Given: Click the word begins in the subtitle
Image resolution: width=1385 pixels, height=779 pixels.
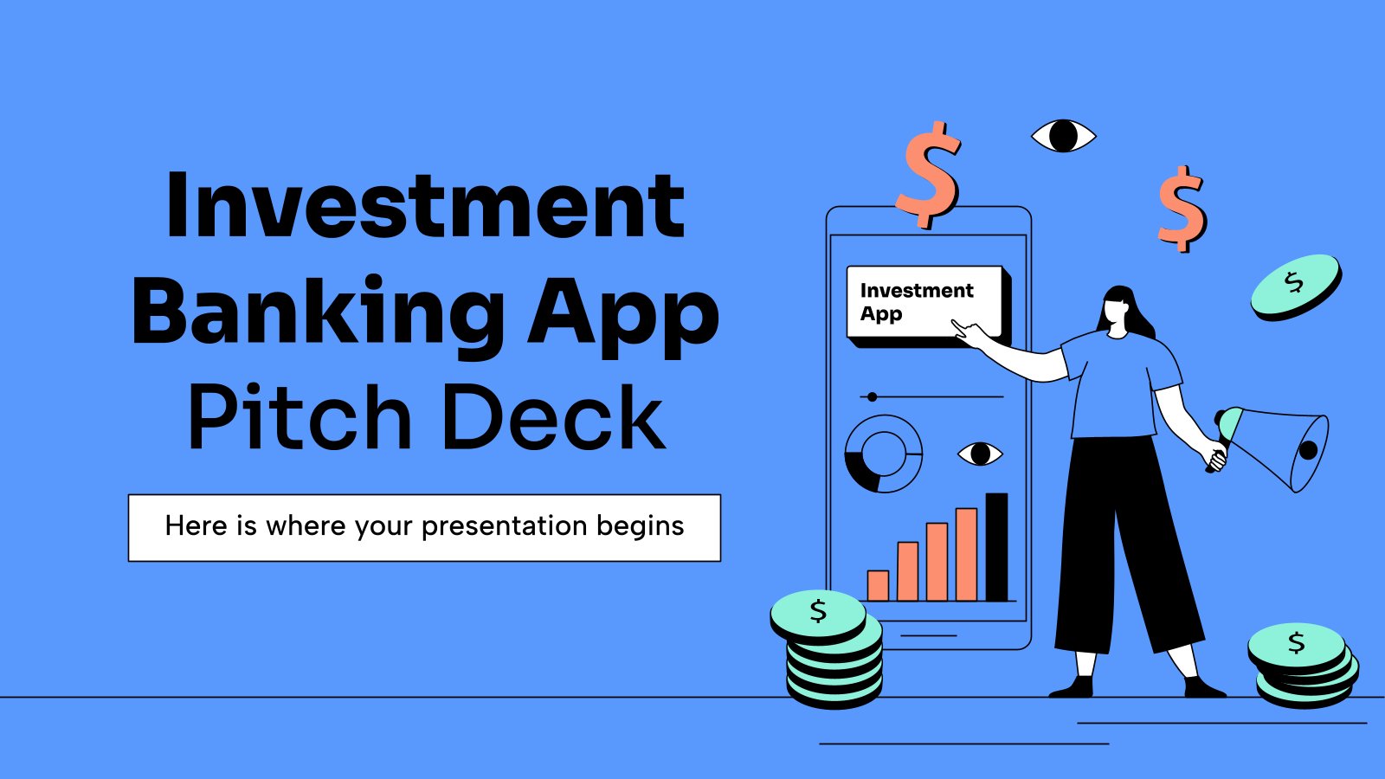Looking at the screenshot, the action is click(640, 527).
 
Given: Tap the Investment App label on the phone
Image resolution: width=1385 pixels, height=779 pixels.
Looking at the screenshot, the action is click(917, 302).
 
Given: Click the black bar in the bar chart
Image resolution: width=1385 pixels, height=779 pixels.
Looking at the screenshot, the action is click(996, 546).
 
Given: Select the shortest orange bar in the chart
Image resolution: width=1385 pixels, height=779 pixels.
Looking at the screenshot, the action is click(878, 585).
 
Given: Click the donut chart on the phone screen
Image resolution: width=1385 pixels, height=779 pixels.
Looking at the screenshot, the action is click(854, 470).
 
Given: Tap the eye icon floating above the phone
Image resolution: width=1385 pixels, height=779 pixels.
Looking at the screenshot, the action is click(1064, 136).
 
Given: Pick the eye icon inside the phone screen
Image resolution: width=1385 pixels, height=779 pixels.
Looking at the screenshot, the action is click(980, 454).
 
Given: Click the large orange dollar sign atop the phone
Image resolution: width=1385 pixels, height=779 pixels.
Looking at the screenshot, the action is click(929, 175).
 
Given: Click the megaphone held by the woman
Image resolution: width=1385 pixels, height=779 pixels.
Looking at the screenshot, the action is click(1273, 448).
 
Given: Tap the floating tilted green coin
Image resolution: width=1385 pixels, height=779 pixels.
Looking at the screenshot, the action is click(1296, 287).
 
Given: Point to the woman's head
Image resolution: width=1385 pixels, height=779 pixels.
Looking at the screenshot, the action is click(1120, 308).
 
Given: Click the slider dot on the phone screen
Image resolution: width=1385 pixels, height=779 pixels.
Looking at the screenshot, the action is click(872, 397).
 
